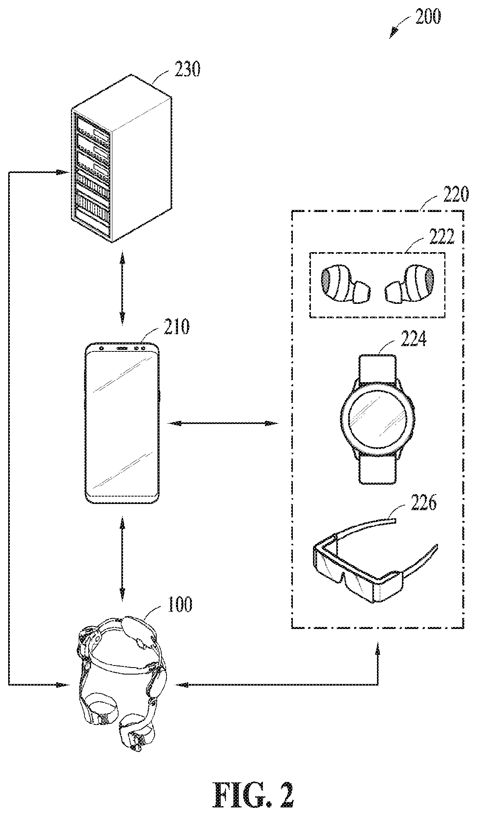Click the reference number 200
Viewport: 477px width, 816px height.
click(x=427, y=17)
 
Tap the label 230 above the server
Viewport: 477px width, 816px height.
click(x=187, y=70)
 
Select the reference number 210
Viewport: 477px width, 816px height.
click(x=176, y=327)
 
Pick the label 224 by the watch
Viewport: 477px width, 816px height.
click(x=413, y=339)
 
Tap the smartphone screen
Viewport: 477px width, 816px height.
click(x=122, y=422)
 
